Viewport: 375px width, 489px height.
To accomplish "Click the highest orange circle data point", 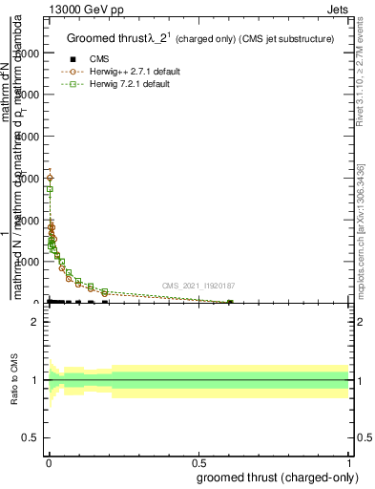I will point(50,178).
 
